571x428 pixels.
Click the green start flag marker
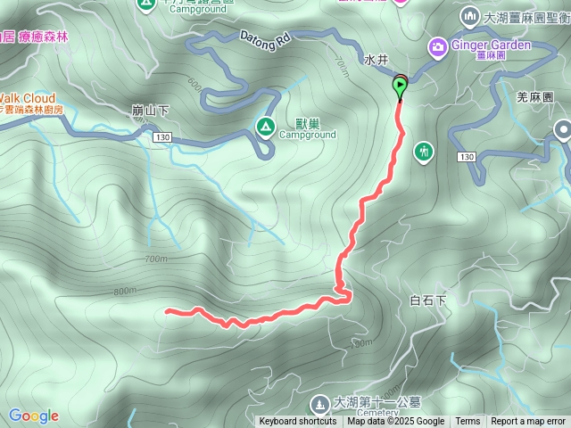pos(401,86)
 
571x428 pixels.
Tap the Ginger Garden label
pos(492,45)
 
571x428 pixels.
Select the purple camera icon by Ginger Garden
pos(438,45)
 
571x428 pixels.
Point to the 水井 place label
pos(377,61)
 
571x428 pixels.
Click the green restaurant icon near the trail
pos(423,152)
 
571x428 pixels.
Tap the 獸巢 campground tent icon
pos(266,128)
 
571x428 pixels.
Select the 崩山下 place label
pos(150,111)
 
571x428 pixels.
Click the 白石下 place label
pos(427,301)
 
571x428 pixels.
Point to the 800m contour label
pos(126,291)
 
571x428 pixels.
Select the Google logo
pos(33,416)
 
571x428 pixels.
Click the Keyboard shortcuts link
pos(298,422)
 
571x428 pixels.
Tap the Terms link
pos(468,422)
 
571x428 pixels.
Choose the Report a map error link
pos(528,422)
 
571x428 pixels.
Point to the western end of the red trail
pos(168,311)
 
